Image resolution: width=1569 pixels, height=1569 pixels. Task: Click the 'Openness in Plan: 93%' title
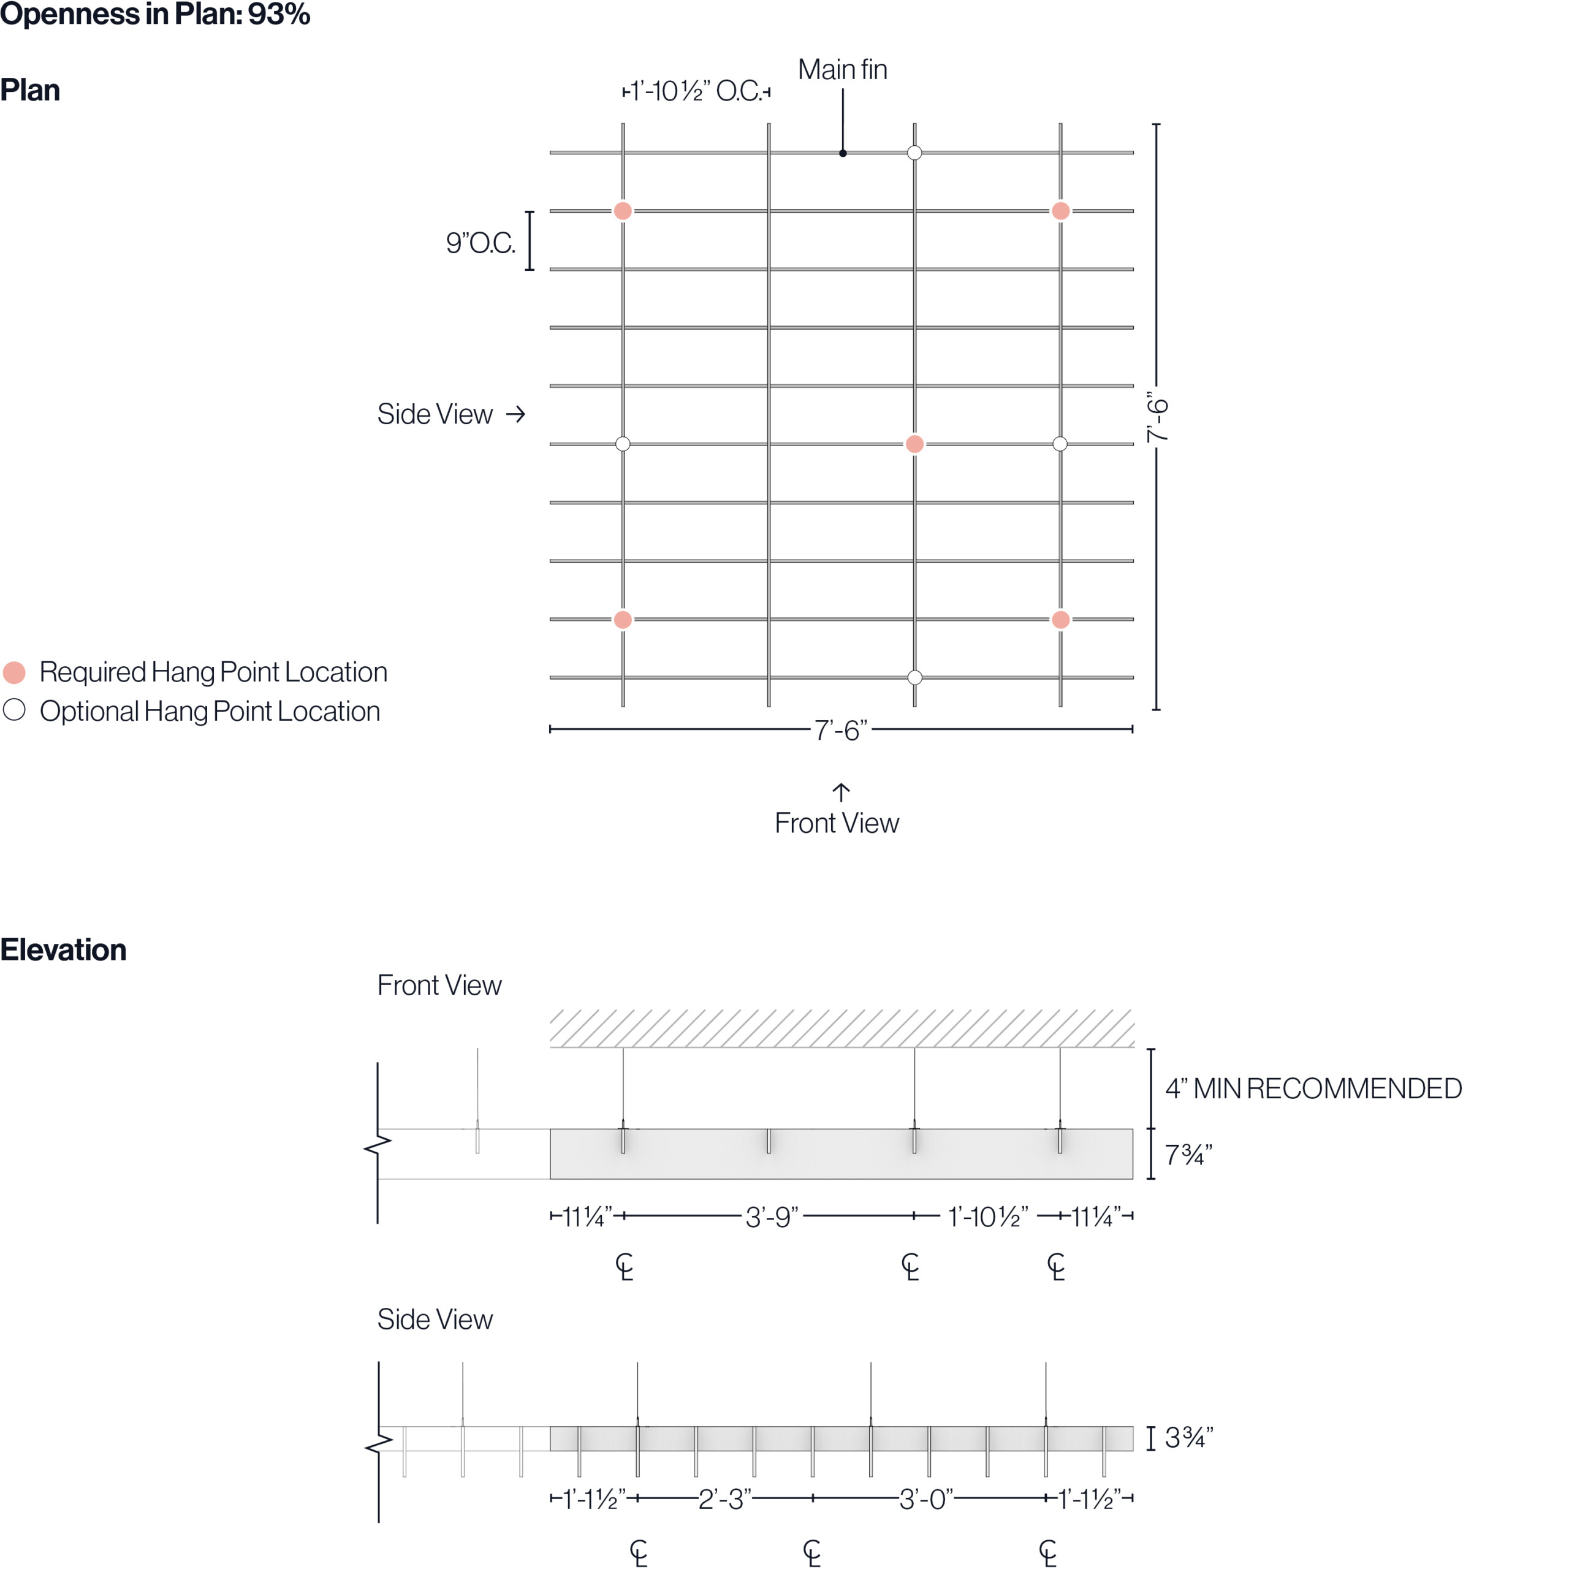pyautogui.click(x=154, y=14)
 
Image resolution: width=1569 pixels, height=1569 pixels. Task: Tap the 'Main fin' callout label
pyautogui.click(x=842, y=70)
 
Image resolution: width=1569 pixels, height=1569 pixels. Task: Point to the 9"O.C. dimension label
pyautogui.click(x=480, y=243)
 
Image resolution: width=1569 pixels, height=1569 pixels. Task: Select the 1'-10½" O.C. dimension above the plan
pyautogui.click(x=697, y=91)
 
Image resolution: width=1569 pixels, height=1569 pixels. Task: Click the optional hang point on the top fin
pyautogui.click(x=914, y=153)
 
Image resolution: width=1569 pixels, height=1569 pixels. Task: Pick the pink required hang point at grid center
pyautogui.click(x=914, y=444)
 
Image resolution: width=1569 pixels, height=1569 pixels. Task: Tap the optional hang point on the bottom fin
pyautogui.click(x=914, y=677)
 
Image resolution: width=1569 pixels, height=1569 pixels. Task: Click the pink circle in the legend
pyautogui.click(x=15, y=672)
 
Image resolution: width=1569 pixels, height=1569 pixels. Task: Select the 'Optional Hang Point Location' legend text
pyautogui.click(x=210, y=712)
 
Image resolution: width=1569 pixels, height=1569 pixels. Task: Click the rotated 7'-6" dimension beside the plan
pyautogui.click(x=1157, y=417)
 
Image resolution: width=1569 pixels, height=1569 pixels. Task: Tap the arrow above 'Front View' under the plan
pyautogui.click(x=840, y=792)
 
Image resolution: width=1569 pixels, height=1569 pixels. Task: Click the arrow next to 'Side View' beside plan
pyautogui.click(x=515, y=414)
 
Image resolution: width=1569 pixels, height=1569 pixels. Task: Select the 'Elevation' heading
pyautogui.click(x=63, y=949)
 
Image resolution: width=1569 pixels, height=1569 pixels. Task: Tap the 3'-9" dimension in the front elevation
pyautogui.click(x=772, y=1217)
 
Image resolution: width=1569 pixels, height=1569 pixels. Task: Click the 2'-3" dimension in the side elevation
pyautogui.click(x=724, y=1499)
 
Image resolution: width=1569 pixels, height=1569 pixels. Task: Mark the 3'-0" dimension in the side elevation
pyautogui.click(x=926, y=1499)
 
